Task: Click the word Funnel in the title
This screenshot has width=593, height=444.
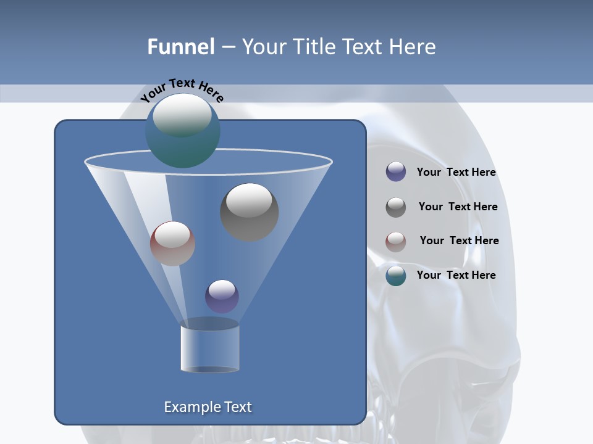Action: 180,47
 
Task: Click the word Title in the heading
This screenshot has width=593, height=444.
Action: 314,47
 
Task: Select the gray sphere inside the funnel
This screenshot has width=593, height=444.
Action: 250,212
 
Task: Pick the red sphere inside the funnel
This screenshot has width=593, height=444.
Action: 172,244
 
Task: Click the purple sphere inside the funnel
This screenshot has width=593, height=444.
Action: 222,296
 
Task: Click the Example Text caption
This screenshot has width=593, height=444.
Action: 208,407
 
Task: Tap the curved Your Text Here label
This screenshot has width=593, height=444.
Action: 182,89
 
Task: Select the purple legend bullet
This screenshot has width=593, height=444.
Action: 396,172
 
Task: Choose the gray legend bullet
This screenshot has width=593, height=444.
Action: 396,207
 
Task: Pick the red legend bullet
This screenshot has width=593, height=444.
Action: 396,241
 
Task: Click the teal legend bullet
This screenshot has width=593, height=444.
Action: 396,276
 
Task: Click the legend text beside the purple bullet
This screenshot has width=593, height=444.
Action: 456,172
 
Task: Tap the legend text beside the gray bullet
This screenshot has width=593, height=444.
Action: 458,207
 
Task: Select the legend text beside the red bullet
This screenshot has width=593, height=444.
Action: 459,240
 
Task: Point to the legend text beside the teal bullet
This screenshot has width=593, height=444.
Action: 456,275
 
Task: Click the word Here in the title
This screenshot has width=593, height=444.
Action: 414,47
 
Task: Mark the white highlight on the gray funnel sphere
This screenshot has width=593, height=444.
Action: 250,200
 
